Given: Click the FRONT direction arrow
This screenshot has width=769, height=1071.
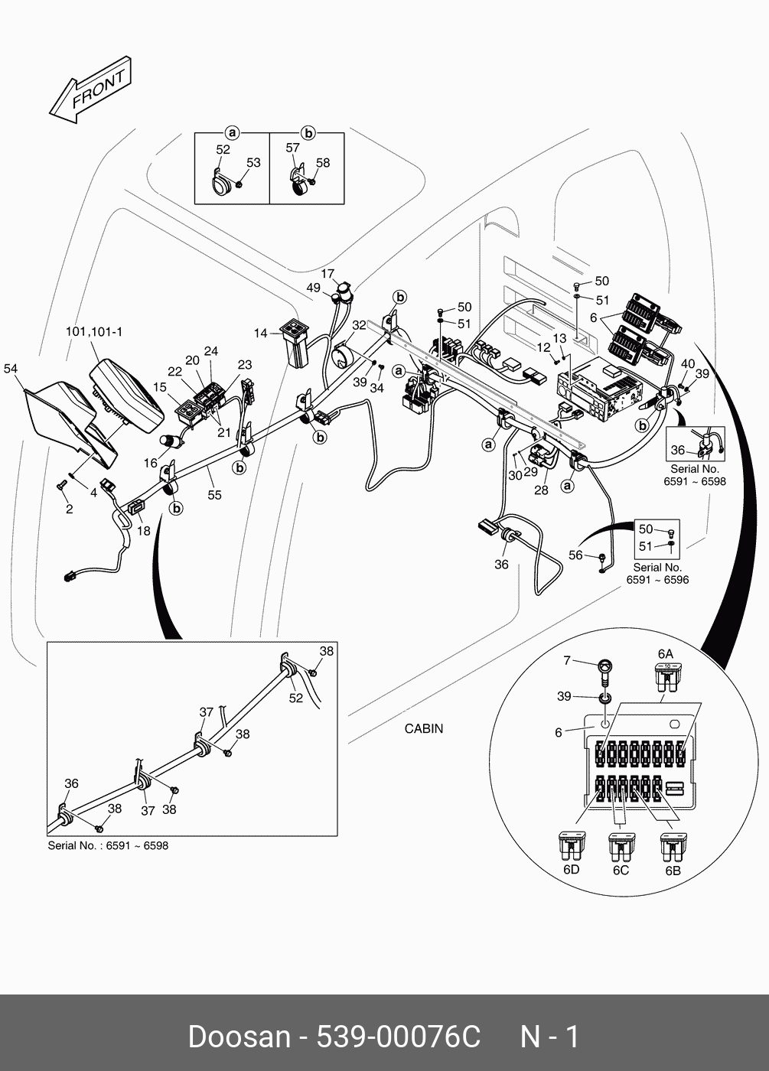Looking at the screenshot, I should [90, 90].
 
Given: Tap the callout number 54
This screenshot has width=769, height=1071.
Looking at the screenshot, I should [11, 369].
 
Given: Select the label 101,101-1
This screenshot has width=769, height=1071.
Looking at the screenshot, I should [94, 332].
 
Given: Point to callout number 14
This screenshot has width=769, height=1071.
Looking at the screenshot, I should [261, 333].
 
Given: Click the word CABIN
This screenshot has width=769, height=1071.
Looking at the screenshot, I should [423, 729].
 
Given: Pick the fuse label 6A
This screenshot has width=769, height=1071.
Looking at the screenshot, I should [666, 654].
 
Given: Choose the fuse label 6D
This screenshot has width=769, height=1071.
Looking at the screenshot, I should [571, 870].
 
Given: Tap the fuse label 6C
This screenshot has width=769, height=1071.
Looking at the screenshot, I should [621, 870].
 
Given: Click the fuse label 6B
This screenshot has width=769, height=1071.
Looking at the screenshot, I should [673, 870].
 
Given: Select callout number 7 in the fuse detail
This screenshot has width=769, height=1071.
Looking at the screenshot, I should [567, 660].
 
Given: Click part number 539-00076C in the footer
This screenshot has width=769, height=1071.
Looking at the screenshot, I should [398, 1037].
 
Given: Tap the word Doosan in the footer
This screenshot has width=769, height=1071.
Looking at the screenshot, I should [239, 1037].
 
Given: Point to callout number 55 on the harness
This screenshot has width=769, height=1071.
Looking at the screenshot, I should [214, 495].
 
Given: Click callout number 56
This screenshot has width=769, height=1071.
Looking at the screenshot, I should [575, 555].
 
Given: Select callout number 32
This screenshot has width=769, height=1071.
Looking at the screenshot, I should [359, 325].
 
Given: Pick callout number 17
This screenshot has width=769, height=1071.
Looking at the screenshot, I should [327, 274].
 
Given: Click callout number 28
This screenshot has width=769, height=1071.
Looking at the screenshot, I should [541, 490].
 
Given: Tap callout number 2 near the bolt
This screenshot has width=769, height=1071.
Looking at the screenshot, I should [69, 509].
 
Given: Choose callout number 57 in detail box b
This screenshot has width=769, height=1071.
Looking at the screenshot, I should [292, 148].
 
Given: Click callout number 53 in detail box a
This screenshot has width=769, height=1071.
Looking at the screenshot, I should [253, 162].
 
